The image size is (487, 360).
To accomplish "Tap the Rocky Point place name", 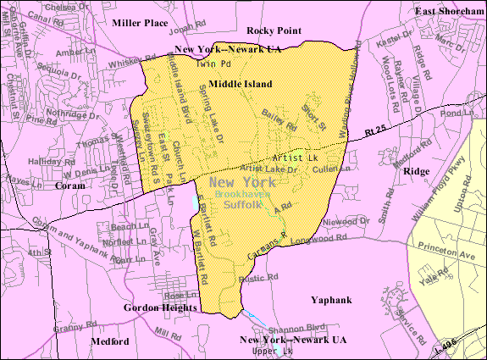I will click(274, 30).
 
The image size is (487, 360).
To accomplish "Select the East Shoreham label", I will click(449, 10).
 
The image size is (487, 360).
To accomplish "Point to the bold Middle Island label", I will click(241, 84).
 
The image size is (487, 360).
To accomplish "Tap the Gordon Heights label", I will click(160, 307).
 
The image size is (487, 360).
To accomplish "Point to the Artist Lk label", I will click(295, 158).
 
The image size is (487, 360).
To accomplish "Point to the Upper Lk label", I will click(276, 351).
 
